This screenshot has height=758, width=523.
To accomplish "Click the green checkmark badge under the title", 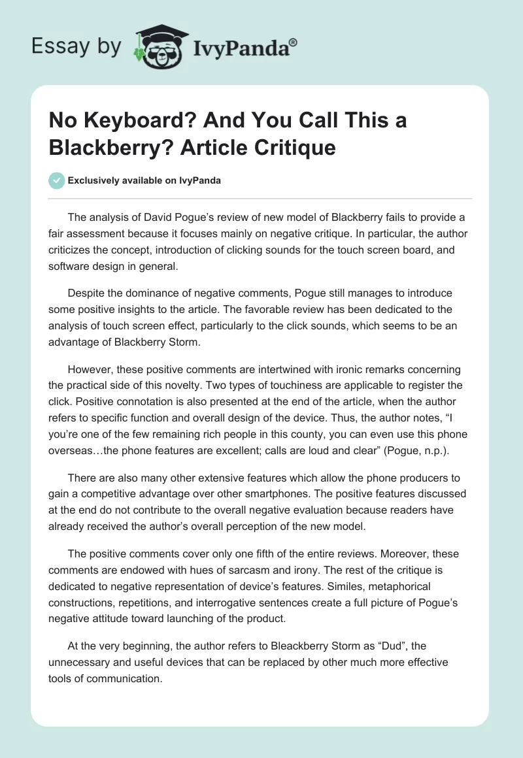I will coord(58,180).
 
